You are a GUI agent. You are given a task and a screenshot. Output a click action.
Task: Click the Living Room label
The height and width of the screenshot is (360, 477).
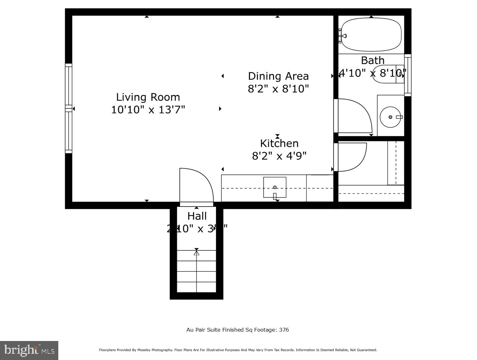click(148, 97)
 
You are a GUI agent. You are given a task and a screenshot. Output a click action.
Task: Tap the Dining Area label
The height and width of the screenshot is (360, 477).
click(278, 76)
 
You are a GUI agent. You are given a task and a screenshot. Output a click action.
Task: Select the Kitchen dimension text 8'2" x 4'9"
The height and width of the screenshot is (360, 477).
click(279, 155)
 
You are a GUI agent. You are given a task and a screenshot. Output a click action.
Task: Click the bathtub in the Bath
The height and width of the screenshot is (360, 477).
click(371, 35)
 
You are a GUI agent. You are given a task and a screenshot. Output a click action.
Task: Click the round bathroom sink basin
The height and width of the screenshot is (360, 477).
click(390, 117)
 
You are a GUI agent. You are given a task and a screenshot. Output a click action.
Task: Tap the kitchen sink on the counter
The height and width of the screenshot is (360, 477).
click(275, 187)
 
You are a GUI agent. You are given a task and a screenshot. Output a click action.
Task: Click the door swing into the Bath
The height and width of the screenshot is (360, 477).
click(354, 116)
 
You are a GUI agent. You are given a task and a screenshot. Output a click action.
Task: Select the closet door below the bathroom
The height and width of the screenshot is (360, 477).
click(351, 157)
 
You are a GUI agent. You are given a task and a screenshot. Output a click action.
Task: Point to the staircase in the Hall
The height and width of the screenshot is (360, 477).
click(196, 271)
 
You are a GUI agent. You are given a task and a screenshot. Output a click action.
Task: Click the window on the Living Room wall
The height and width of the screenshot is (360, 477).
click(69, 108)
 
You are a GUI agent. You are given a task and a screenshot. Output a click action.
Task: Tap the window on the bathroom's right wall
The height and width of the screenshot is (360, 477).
click(407, 75)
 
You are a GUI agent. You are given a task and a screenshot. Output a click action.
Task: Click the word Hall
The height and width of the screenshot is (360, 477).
click(197, 216)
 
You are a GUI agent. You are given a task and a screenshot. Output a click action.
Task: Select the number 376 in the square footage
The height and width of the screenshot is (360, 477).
click(284, 330)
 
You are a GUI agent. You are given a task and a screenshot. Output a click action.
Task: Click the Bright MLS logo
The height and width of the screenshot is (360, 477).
click(29, 350)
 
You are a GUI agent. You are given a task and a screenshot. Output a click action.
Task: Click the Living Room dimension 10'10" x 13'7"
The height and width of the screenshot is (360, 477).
click(148, 110)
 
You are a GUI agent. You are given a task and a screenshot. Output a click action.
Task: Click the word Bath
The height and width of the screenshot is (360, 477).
click(373, 60)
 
